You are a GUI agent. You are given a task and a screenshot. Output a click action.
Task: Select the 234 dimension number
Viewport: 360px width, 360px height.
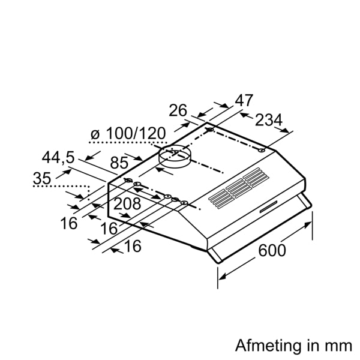[269, 121]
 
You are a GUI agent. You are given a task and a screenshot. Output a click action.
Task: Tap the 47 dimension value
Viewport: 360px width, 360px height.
[244, 101]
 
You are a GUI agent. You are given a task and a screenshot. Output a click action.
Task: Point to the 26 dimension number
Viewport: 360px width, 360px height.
[178, 110]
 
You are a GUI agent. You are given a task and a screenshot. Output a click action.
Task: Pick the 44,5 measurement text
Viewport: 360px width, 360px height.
[58, 158]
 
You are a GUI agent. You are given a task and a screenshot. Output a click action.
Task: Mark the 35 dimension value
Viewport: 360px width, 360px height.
[42, 178]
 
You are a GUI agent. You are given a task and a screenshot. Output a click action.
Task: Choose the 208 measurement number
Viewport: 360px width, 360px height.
[127, 204]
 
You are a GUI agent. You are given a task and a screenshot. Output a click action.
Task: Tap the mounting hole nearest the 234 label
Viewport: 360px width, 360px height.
[263, 151]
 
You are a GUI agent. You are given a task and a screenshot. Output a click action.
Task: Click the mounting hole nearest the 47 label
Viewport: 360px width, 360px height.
[211, 130]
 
